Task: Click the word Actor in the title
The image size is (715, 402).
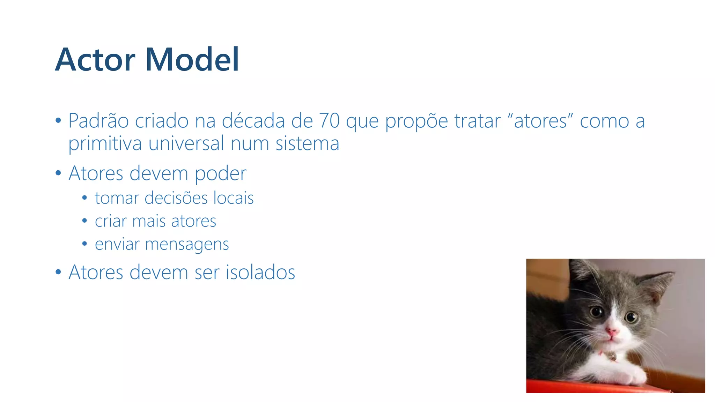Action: pos(95,60)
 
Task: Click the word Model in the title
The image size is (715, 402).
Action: pos(192,60)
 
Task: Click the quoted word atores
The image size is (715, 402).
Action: pos(540,121)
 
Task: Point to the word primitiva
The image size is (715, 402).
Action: pos(105,144)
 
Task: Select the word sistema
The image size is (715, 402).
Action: pos(307,144)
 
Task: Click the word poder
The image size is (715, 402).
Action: pos(220,174)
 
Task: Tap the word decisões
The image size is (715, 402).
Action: pos(176,198)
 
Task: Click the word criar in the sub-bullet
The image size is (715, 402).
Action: pos(111,221)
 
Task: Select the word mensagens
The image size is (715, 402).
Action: pos(187,244)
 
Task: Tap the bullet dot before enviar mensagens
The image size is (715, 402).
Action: pos(84,244)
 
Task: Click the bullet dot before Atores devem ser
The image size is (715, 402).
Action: pos(58,272)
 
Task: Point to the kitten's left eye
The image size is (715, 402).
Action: pos(597,311)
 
